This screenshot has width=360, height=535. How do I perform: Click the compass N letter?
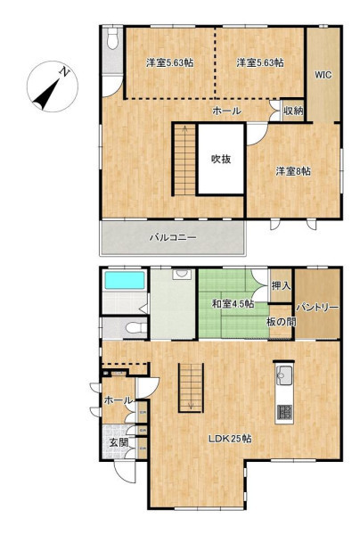pyautogui.click(x=64, y=71)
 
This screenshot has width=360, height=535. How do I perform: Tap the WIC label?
pyautogui.click(x=323, y=75)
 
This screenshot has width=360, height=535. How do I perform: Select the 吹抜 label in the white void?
pyautogui.click(x=221, y=159)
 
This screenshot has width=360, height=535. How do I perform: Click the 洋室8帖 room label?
pyautogui.click(x=293, y=171)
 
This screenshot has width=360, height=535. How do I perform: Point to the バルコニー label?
pyautogui.click(x=173, y=237)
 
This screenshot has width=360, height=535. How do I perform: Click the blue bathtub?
pyautogui.click(x=124, y=280)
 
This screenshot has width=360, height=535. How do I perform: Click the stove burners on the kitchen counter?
pyautogui.click(x=284, y=412)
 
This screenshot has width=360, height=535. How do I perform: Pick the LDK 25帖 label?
pyautogui.click(x=230, y=439)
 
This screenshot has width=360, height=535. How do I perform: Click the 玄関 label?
pyautogui.click(x=119, y=443)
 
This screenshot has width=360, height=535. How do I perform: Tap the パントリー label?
pyautogui.click(x=317, y=308)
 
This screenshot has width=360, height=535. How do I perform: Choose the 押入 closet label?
pyautogui.click(x=281, y=286)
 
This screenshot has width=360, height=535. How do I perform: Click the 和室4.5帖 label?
pyautogui.click(x=233, y=304)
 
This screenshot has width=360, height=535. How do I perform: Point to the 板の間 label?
pyautogui.click(x=282, y=321)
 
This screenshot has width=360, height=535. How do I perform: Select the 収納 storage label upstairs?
pyautogui.click(x=293, y=111)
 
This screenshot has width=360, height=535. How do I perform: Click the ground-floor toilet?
pyautogui.click(x=135, y=328)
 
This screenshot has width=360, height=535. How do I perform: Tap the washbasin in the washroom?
pyautogui.click(x=183, y=274)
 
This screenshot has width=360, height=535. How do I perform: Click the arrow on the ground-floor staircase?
pyautogui.click(x=191, y=387)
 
